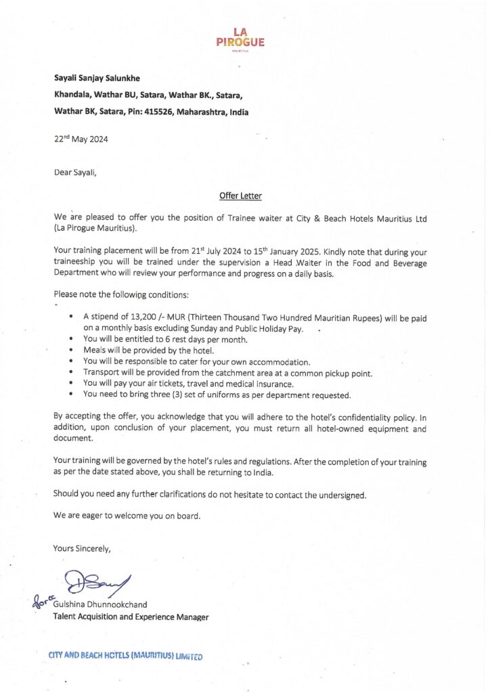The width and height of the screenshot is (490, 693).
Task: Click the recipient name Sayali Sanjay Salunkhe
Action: (101, 78)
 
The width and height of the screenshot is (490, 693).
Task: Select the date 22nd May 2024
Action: (81, 139)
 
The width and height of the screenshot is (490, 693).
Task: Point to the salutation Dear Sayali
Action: (75, 172)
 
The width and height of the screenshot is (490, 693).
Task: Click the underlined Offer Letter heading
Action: (240, 196)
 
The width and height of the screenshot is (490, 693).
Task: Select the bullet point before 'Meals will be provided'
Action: (72, 351)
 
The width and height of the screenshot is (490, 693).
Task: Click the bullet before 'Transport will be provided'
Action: (72, 373)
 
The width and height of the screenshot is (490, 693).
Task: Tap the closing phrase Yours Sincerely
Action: (82, 548)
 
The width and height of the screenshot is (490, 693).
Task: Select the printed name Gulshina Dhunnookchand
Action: (104, 604)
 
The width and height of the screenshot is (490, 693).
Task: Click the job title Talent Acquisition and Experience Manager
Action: (131, 617)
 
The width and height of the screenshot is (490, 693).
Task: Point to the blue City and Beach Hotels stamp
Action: (125, 656)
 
